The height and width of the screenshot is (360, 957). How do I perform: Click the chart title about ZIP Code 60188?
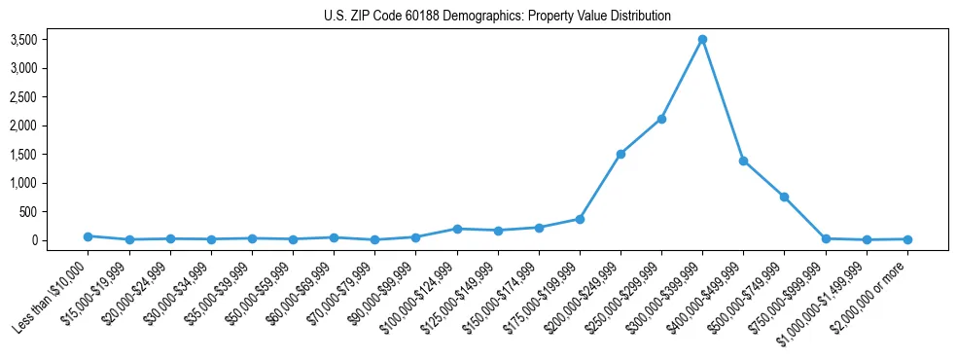click(497, 17)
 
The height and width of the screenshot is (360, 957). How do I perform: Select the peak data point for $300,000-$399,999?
click(702, 40)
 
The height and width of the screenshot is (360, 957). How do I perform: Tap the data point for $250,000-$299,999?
click(661, 119)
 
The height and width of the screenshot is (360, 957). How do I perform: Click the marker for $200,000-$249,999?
click(620, 154)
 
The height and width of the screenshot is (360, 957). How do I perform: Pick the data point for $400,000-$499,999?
click(743, 161)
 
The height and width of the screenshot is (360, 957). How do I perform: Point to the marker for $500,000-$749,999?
click(784, 197)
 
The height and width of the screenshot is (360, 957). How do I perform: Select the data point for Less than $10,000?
click(88, 236)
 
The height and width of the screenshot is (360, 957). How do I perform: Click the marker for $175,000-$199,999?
click(580, 219)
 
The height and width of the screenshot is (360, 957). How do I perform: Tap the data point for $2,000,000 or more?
click(907, 239)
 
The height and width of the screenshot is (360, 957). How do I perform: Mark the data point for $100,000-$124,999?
click(457, 229)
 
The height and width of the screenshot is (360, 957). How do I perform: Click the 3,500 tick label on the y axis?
click(50, 40)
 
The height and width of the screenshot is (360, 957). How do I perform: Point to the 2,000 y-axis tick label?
click(50, 126)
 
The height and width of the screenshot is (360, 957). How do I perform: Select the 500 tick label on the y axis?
click(55, 212)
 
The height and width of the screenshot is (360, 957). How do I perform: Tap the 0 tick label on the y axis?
click(61, 240)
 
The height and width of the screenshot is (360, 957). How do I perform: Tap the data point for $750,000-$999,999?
click(826, 238)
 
